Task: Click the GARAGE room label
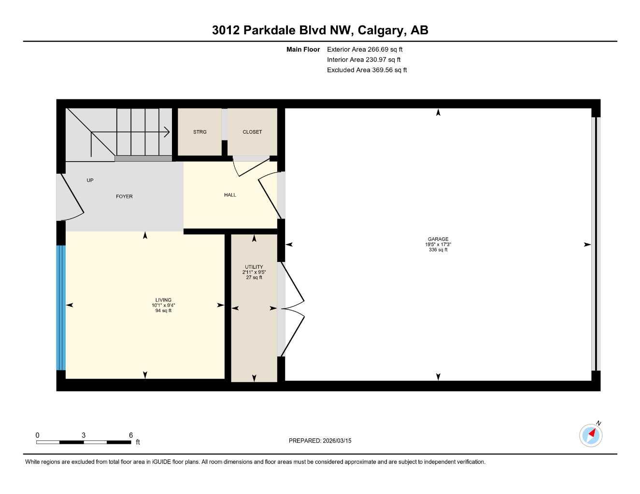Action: (x=438, y=239)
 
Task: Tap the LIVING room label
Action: (x=163, y=300)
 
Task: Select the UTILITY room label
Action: (x=254, y=267)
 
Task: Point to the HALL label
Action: (x=230, y=195)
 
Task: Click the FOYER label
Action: (x=124, y=196)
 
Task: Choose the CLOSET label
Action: (x=252, y=132)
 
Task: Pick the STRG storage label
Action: (x=199, y=132)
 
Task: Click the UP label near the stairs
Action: (x=90, y=180)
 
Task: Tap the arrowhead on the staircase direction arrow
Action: (x=167, y=132)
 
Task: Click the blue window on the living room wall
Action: (x=61, y=307)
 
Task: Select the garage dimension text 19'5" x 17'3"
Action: (x=438, y=245)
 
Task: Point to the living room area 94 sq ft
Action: (x=163, y=311)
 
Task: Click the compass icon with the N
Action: (x=591, y=435)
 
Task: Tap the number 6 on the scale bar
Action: (x=131, y=435)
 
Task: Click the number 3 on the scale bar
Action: (x=84, y=435)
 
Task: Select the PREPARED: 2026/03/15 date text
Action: (x=320, y=440)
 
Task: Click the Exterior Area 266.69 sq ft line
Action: (x=365, y=49)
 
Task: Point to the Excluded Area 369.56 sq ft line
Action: (x=367, y=70)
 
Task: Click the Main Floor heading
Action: (x=303, y=49)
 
